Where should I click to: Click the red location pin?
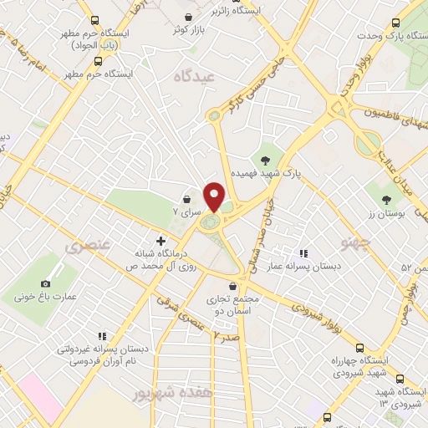(x=215, y=196)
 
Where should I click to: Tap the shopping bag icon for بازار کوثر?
(x=191, y=18)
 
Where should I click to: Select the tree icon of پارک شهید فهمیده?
(x=266, y=158)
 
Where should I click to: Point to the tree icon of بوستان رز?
(x=385, y=199)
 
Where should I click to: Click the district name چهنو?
(x=354, y=243)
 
